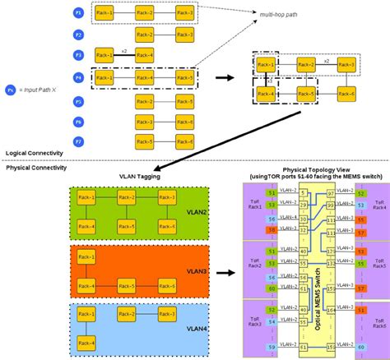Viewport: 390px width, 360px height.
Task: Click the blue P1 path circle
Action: point(79,15)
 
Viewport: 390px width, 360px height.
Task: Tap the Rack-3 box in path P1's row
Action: point(184,15)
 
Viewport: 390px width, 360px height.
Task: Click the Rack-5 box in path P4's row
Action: point(184,78)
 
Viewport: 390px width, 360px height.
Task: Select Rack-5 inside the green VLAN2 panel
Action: point(125,225)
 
